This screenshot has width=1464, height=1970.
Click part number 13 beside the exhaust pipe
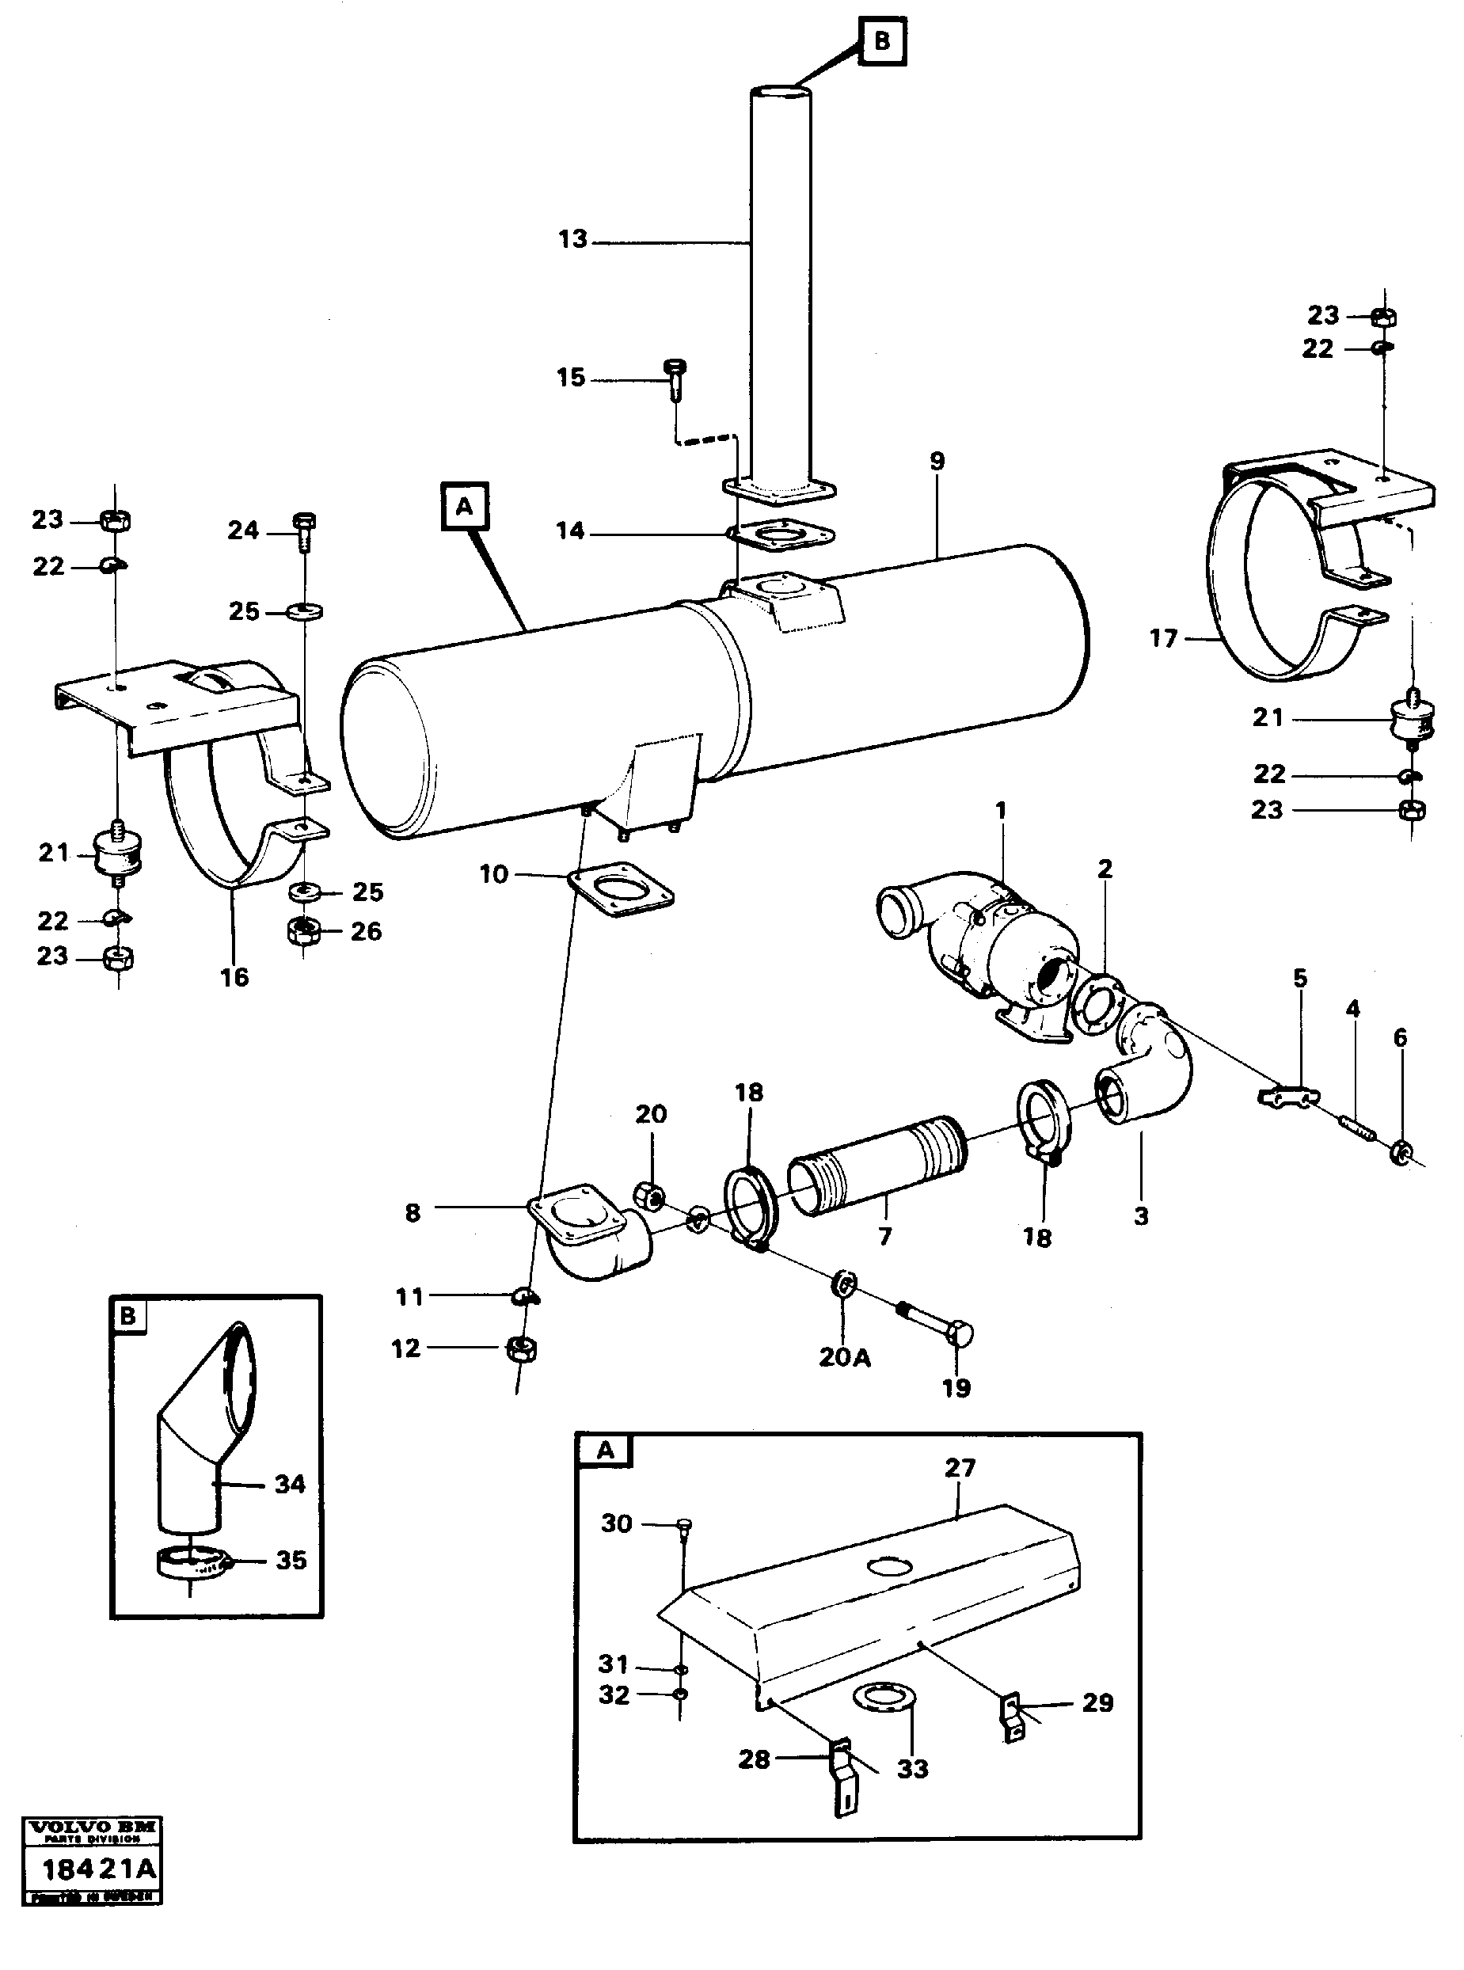coord(573,239)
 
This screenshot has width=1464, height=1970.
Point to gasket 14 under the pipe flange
coord(780,534)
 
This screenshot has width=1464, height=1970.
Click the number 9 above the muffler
coord(937,461)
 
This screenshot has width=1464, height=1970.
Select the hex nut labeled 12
coord(521,1351)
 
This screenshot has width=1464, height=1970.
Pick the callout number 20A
coord(845,1358)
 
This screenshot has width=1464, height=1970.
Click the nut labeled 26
coord(305,930)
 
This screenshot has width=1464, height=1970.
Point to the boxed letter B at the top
coord(882,40)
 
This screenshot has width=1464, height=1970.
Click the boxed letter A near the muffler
coord(464,507)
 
